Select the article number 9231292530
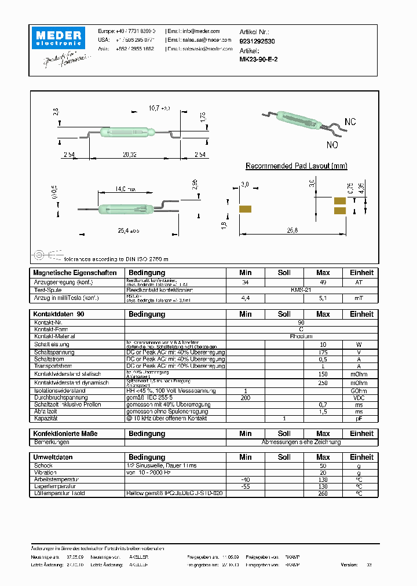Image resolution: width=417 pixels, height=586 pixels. (257, 41)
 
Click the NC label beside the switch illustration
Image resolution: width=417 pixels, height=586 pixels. (350, 122)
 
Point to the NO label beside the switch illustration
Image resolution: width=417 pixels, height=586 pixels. (332, 145)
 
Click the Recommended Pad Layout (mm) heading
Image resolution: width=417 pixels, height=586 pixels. (297, 166)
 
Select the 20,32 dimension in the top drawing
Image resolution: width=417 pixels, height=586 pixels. (129, 155)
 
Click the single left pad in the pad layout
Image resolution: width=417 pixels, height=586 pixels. (245, 208)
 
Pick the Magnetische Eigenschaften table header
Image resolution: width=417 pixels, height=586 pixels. (75, 273)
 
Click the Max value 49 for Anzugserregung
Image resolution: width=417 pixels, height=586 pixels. (323, 282)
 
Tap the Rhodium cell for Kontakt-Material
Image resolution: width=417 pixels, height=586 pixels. (302, 336)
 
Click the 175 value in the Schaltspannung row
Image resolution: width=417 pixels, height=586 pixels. (323, 352)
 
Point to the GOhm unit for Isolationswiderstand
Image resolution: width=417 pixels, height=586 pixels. (359, 391)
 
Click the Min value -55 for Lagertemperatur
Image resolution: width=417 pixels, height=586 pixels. (246, 487)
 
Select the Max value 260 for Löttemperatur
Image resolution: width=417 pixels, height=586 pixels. (323, 493)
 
